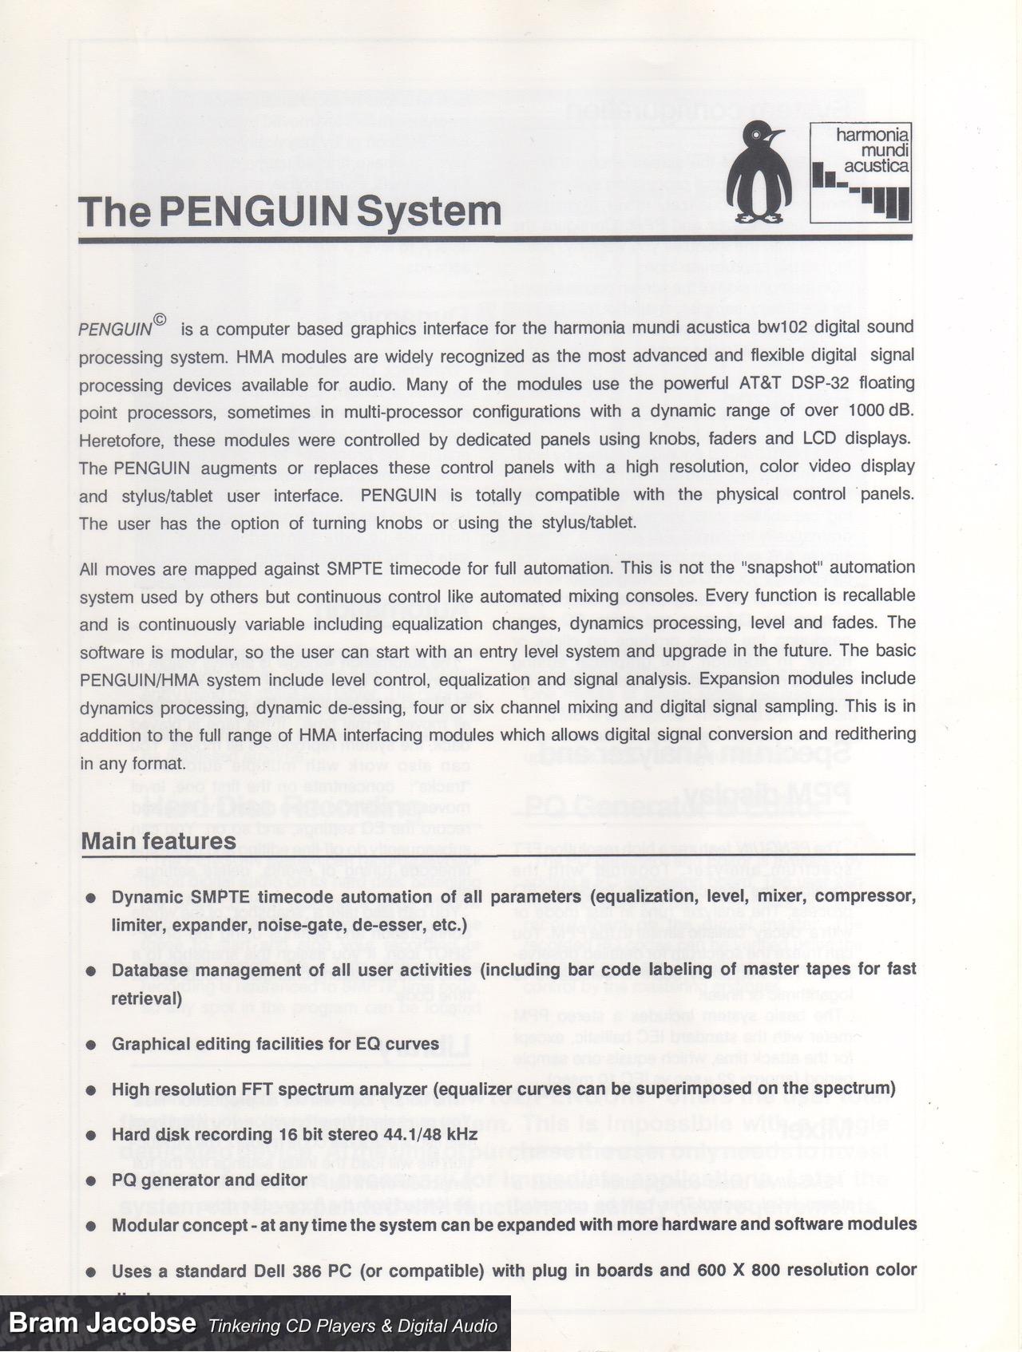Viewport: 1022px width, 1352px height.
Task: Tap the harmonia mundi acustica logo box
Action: pos(860,172)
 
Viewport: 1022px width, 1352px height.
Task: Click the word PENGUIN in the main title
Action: pos(253,211)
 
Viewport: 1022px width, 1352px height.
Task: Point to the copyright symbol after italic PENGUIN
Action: pos(160,320)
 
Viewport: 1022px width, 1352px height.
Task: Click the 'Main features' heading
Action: pos(159,841)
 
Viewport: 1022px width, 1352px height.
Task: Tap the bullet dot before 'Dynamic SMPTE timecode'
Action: pos(92,898)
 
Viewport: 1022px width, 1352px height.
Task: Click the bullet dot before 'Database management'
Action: pos(92,971)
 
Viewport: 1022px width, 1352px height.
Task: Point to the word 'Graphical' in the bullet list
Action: pos(149,1044)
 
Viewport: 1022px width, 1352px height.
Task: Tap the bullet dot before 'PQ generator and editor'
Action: pos(92,1180)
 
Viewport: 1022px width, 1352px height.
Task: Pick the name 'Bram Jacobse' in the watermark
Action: pos(101,1322)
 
